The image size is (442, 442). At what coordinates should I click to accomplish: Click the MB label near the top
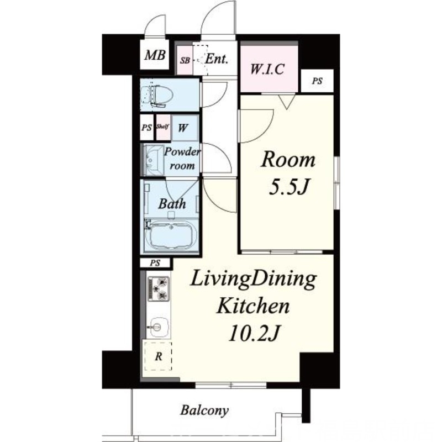click(155, 55)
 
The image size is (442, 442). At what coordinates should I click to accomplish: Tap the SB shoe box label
click(185, 60)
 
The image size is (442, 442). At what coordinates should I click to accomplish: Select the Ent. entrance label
click(216, 59)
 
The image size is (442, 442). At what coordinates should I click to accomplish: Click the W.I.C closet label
click(267, 69)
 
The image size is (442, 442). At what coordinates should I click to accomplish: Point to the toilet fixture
click(156, 95)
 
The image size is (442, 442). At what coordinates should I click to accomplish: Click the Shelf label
click(162, 126)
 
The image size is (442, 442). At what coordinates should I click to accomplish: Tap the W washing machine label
click(183, 128)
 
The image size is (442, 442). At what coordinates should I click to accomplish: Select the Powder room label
click(182, 159)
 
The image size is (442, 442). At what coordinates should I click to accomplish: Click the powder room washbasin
click(152, 160)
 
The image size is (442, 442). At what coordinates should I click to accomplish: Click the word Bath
click(172, 203)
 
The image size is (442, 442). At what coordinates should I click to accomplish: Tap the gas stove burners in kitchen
click(159, 288)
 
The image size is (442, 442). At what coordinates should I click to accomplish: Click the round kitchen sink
click(158, 327)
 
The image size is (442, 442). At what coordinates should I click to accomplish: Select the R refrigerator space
click(158, 356)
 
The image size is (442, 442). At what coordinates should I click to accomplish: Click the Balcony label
click(204, 410)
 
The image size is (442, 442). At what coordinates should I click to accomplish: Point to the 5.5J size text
click(289, 187)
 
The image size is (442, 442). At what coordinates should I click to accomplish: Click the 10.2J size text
click(254, 333)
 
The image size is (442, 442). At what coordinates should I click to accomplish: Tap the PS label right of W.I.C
click(317, 81)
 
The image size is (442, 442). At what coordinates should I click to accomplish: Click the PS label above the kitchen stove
click(155, 263)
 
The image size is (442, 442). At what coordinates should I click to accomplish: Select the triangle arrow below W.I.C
click(287, 102)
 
